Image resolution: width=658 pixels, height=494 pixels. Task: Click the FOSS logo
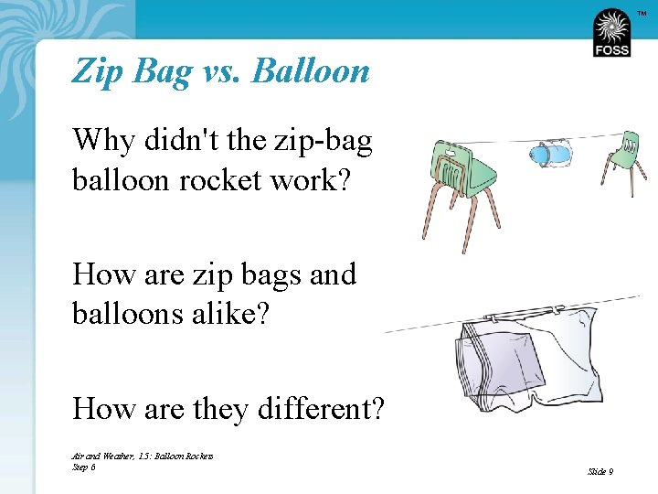tap(611, 33)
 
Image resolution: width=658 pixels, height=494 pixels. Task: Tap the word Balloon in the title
tap(310, 70)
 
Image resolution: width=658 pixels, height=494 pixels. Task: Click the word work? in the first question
tap(321, 179)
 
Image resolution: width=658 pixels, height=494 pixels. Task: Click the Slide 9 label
tap(600, 471)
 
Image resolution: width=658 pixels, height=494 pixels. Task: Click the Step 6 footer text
tap(83, 467)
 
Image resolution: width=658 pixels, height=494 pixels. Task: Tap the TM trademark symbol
tap(641, 12)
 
